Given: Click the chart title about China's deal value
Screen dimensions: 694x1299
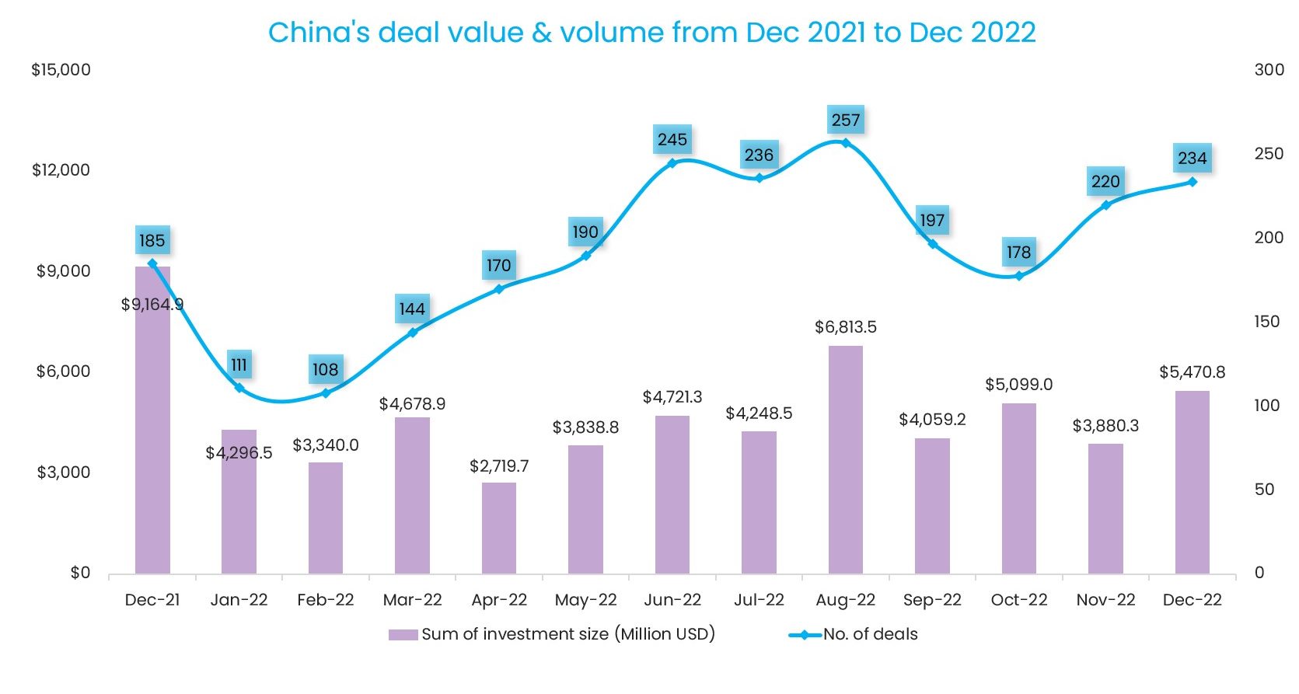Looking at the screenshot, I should (651, 33).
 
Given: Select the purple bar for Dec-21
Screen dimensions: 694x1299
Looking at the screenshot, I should (152, 420).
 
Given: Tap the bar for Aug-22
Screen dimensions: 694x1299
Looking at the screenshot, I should (845, 459).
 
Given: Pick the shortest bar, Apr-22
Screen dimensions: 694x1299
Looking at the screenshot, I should (499, 528).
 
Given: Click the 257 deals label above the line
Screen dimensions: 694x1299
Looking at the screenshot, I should (846, 120).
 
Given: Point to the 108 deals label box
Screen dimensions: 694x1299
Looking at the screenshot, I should (326, 369).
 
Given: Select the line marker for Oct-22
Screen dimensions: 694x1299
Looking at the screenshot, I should (1018, 276).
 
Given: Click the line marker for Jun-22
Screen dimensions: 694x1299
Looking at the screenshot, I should (672, 163).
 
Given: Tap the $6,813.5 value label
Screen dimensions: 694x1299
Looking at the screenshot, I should (845, 327).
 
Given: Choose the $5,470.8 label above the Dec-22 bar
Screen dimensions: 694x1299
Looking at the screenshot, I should (1192, 372).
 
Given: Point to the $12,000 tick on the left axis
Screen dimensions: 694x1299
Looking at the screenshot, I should (61, 170).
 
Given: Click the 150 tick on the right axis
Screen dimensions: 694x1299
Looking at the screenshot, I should (1267, 322).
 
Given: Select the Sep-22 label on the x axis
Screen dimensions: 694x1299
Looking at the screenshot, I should (932, 600).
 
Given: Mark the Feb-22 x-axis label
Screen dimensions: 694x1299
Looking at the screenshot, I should (326, 600).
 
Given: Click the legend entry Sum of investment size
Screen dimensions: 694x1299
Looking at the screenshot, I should (552, 634).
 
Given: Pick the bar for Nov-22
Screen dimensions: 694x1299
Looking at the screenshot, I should (1105, 508).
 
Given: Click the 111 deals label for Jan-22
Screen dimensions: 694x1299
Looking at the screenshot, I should (239, 364).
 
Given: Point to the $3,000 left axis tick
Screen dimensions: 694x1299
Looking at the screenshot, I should (63, 473).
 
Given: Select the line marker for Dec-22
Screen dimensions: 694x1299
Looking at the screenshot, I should (1192, 182).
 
